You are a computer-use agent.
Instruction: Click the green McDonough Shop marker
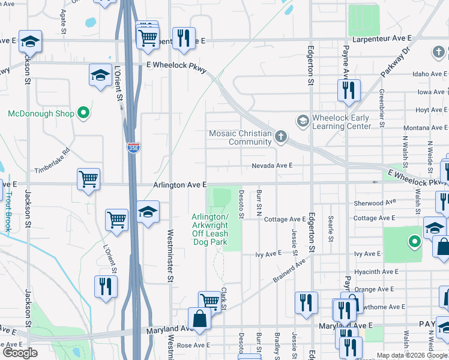pos(84,113)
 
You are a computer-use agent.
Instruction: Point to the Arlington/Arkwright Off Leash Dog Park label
pos(210,229)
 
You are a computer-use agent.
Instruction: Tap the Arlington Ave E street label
pos(179,185)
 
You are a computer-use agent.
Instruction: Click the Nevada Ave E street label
pos(272,166)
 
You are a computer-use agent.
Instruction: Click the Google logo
pos(20,352)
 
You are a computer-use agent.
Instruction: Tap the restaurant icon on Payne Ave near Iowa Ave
pos(349,91)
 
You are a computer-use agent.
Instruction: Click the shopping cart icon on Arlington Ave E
pos(88,179)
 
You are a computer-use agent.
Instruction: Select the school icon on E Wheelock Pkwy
pos(100,75)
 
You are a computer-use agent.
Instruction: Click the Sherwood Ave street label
pos(375,203)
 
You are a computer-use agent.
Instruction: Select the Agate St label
pos(63,21)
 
